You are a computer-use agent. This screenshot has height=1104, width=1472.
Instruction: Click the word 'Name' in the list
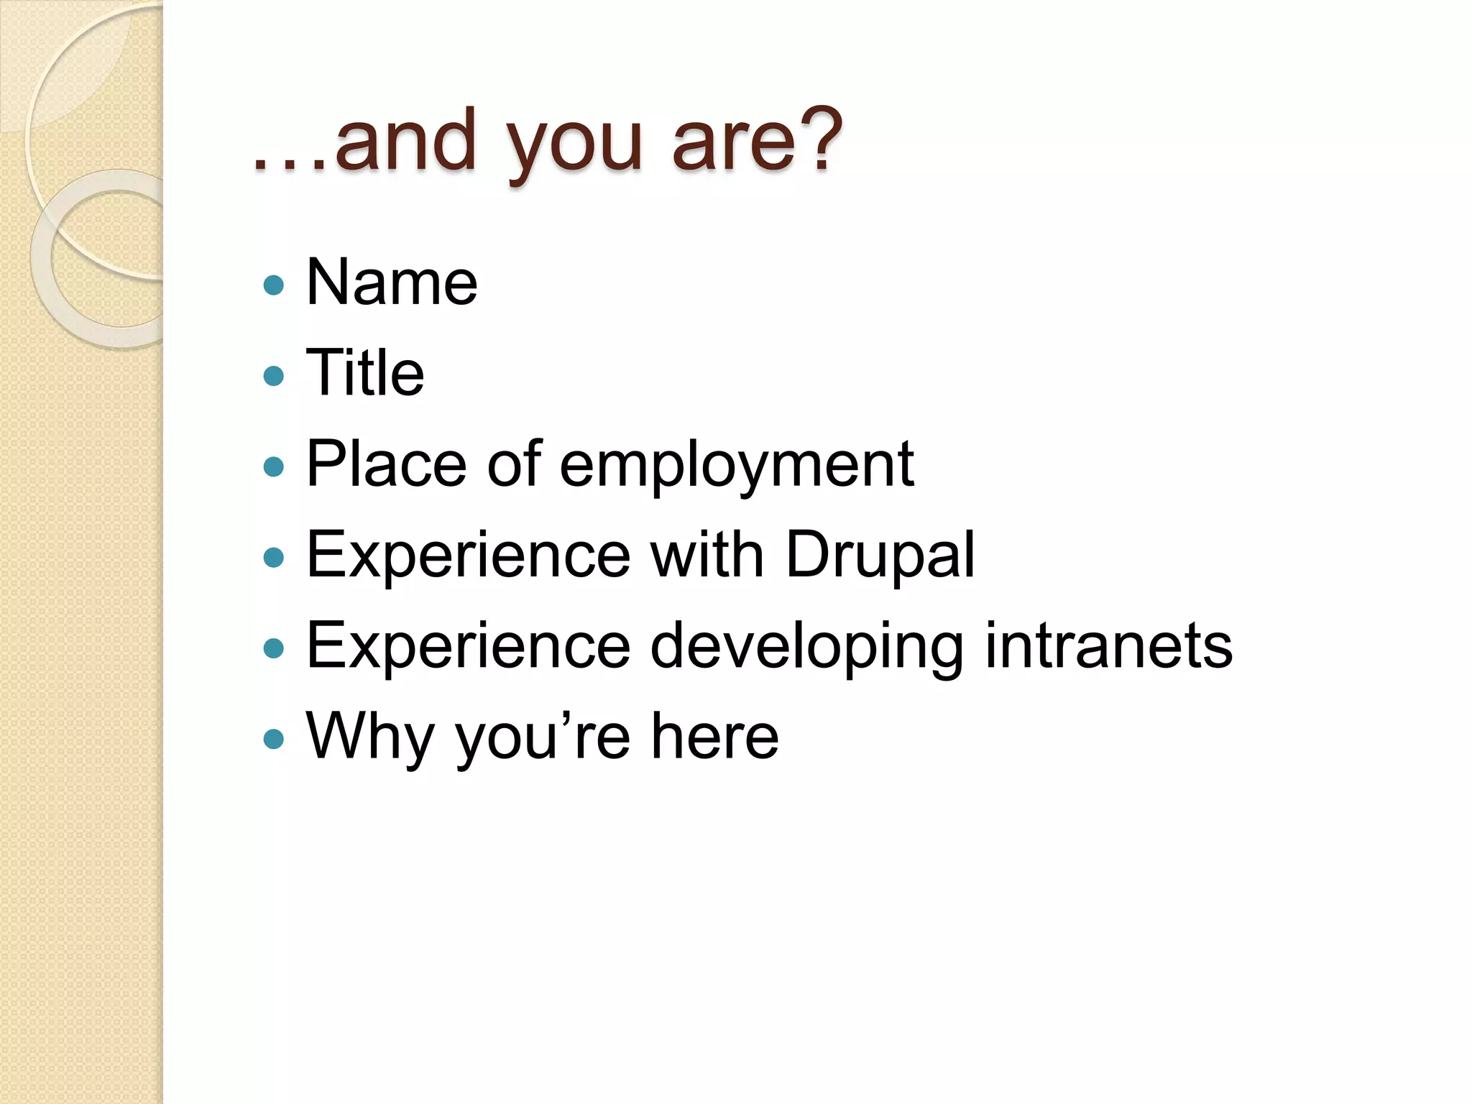392,282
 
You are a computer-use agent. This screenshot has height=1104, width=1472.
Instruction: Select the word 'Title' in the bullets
365,373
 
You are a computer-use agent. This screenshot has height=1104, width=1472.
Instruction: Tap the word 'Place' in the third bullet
386,464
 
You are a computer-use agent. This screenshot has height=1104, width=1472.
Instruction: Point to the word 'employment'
736,466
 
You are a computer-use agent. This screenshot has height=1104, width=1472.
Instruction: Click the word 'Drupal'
880,556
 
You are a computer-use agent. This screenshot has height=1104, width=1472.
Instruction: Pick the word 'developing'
806,647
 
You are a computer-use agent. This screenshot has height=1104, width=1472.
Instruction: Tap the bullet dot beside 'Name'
274,285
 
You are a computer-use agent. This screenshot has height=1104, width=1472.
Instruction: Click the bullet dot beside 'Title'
274,376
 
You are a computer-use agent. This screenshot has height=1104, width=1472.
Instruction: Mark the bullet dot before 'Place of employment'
274,467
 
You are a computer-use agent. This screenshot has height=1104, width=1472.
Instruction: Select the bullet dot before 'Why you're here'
274,739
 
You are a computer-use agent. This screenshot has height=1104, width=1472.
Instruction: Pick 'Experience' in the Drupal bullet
468,556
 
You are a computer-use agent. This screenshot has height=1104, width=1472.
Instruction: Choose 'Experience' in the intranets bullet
468,647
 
